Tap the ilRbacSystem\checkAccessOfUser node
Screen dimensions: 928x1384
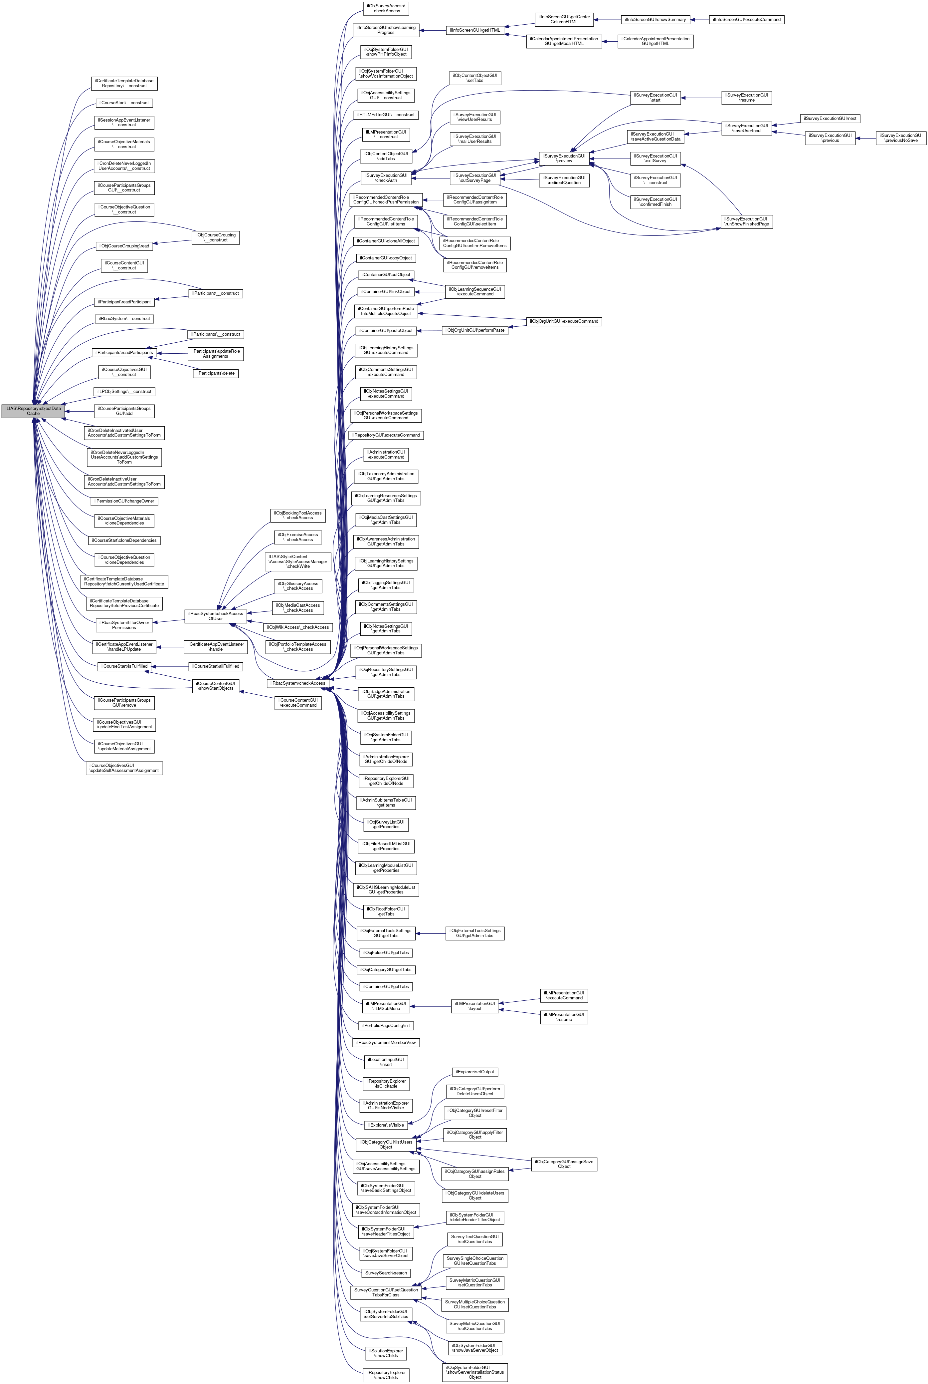[215, 616]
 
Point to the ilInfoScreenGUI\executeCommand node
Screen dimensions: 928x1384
[747, 20]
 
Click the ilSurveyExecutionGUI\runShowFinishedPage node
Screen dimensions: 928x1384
[747, 221]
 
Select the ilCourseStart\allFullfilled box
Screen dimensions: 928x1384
[215, 666]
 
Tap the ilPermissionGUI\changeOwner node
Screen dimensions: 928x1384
[125, 501]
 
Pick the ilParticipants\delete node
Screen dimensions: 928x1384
[215, 373]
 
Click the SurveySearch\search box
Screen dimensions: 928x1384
[386, 1273]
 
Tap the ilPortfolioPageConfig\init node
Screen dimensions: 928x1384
[386, 1025]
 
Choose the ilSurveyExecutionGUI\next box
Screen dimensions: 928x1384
[830, 119]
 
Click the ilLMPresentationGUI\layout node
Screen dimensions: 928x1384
[475, 1006]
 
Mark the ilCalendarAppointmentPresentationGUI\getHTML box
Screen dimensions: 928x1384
[655, 41]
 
